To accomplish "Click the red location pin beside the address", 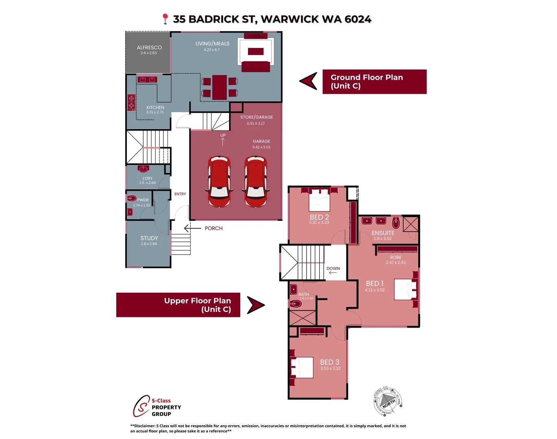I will [x=165, y=19].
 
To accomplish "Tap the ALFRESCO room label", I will [x=149, y=48].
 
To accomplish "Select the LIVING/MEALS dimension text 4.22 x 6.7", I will [x=211, y=50].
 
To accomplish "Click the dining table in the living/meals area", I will [x=220, y=87].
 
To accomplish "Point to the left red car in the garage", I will [x=219, y=181].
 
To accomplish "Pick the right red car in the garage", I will [x=255, y=181].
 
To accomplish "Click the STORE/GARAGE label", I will [x=257, y=117].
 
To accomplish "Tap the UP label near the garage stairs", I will [x=223, y=135].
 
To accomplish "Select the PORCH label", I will [x=213, y=228].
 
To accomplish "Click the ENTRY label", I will [x=180, y=194].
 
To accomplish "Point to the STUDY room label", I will [x=149, y=238].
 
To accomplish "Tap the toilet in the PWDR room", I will [x=132, y=198].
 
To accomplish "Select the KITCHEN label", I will [x=155, y=108].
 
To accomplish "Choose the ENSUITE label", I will [x=383, y=233].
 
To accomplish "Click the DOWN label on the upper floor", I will [x=333, y=269].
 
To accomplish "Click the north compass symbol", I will [x=387, y=402].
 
